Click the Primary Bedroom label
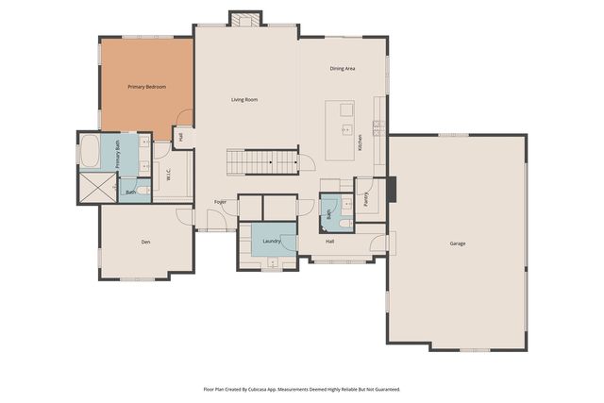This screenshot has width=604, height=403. pos(147,87)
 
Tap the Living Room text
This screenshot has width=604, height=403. pos(244,99)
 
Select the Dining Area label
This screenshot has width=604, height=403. pos(342,69)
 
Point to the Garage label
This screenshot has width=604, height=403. pos(457,243)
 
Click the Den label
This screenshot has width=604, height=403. pos(145,243)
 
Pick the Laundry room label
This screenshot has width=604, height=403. pos(271,242)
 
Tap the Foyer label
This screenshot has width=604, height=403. pos(220,202)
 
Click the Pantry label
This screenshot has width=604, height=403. pos(366,199)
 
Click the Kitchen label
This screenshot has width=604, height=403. pos(360,143)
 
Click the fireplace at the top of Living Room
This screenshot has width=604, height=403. pos(245,19)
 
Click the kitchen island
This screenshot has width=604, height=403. pos(340,130)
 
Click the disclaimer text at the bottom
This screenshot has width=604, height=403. pos(302,388)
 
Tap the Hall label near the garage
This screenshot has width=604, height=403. pos(330,242)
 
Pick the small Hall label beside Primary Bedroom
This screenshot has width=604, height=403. pos(180,137)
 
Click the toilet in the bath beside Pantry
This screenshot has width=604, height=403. pos(346,222)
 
